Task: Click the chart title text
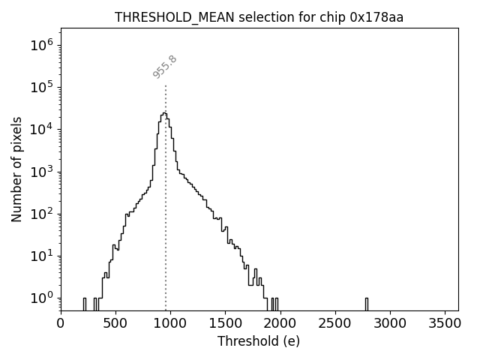tap(259, 17)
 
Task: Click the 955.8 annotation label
tap(164, 66)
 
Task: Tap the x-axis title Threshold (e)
tap(259, 341)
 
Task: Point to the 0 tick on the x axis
tap(61, 323)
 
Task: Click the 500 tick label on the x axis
tap(115, 323)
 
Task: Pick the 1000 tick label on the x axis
tap(170, 323)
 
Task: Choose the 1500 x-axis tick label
tap(225, 323)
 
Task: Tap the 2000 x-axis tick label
tap(280, 323)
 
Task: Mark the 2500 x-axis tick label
tap(334, 323)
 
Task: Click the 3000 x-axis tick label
tap(389, 323)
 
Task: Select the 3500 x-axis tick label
tap(444, 323)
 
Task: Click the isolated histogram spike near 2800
tap(367, 303)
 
